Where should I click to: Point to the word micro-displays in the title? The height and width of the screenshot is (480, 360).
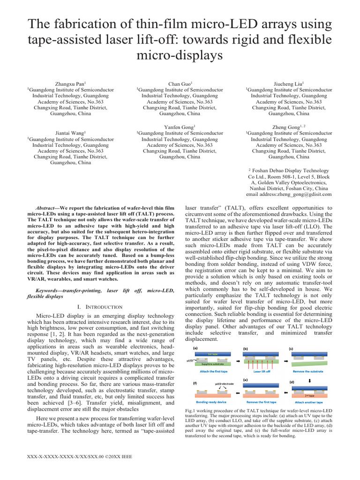pos(180,55)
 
